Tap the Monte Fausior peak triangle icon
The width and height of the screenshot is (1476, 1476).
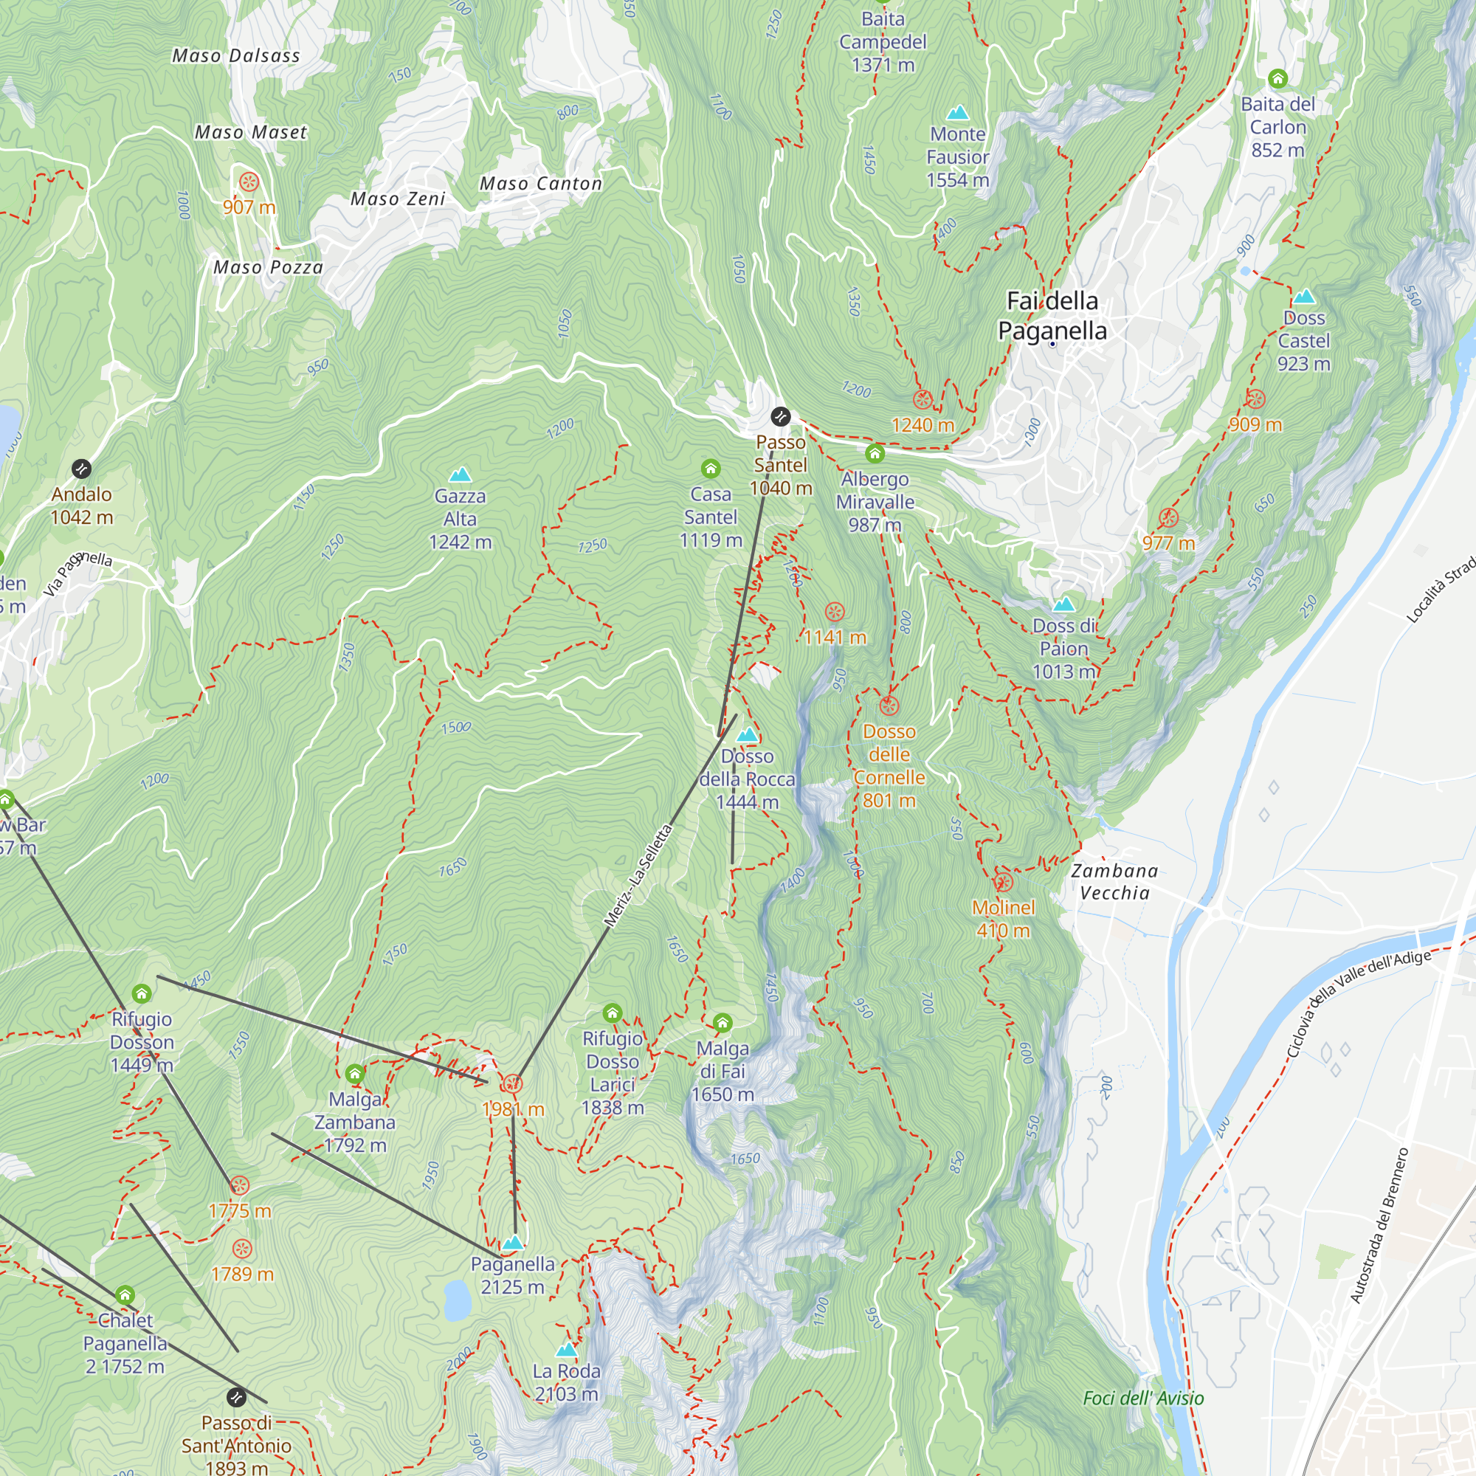click(957, 114)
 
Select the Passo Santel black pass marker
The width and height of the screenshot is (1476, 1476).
click(780, 416)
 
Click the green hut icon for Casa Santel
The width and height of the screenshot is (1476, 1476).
click(711, 469)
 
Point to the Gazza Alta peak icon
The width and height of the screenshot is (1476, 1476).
click(460, 475)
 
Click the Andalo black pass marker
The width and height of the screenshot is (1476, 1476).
click(82, 469)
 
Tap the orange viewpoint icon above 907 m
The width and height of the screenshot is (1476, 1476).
click(249, 182)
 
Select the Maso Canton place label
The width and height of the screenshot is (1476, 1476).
click(541, 183)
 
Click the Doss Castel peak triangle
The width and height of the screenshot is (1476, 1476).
click(1303, 297)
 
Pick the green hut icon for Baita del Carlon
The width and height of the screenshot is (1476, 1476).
click(1277, 79)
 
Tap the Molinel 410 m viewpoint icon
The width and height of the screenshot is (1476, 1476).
click(1003, 883)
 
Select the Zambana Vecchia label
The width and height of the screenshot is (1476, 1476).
click(1114, 882)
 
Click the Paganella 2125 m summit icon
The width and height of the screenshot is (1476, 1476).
click(513, 1242)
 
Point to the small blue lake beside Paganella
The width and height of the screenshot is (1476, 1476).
click(457, 1300)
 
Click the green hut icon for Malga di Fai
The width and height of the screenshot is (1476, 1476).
click(722, 1022)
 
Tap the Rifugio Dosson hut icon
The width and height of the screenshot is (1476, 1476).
click(142, 993)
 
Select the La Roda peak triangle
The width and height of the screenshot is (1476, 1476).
click(566, 1349)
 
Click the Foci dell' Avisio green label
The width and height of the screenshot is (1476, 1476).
click(1143, 1398)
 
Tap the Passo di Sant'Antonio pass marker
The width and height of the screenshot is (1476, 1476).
click(237, 1397)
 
